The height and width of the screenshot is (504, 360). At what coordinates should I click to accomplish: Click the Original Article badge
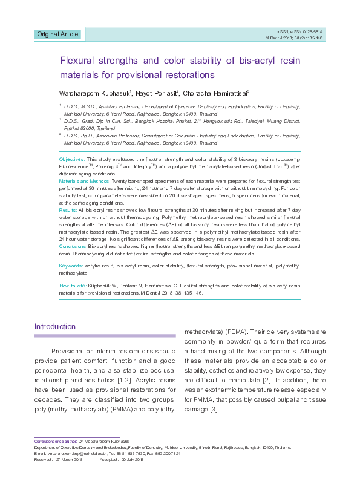coord(57,34)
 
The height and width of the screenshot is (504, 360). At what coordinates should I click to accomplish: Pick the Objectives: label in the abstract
coord(73,158)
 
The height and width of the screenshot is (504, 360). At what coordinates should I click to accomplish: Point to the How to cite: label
coord(72,285)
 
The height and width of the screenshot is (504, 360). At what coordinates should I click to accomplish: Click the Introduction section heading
coord(55,327)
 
